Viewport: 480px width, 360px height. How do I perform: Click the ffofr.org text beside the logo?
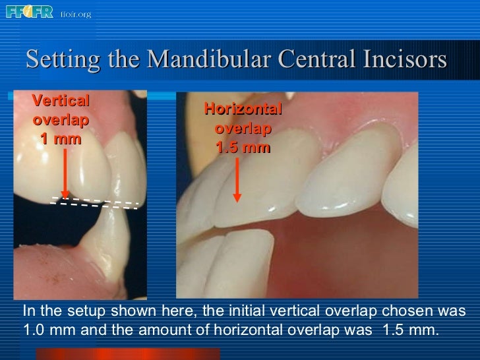pos(75,14)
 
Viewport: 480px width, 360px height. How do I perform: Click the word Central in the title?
pos(309,60)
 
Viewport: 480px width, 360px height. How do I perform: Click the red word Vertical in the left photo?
pos(61,102)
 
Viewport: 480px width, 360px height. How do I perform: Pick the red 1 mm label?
pos(61,138)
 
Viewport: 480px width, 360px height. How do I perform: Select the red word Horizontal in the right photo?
pos(243,109)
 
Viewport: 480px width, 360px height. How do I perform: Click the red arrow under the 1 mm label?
pos(65,173)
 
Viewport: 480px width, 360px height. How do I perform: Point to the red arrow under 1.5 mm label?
pos(237,178)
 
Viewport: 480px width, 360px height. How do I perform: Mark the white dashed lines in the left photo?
pos(96,203)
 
